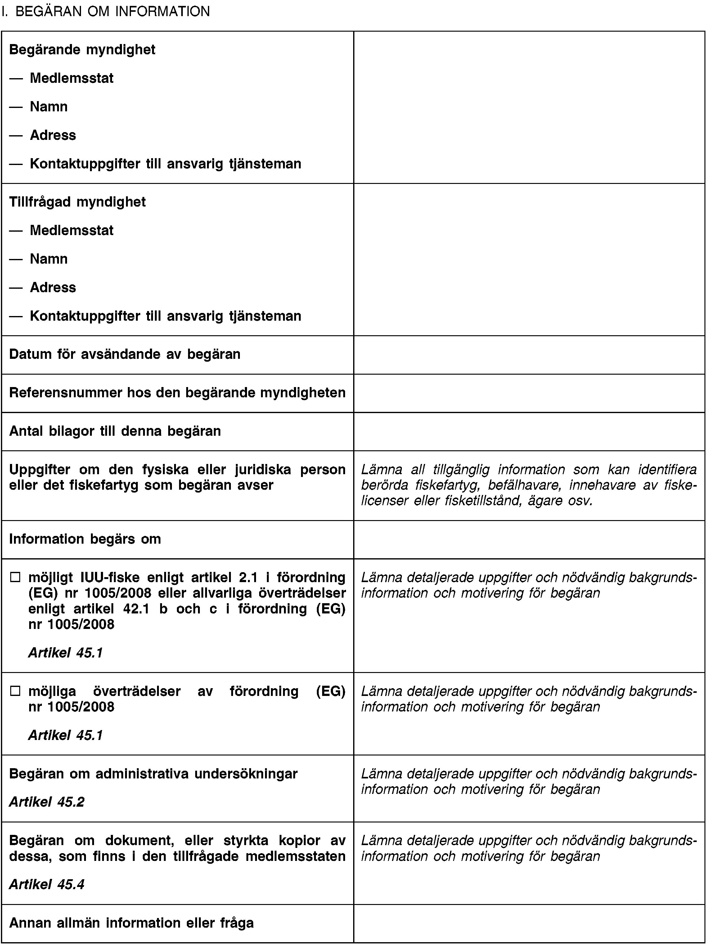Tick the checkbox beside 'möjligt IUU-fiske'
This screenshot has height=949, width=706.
pyautogui.click(x=16, y=578)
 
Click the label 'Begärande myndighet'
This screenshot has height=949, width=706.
pyautogui.click(x=82, y=50)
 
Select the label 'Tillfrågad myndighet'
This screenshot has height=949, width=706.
pyautogui.click(x=77, y=202)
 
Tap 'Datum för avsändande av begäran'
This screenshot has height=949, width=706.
pyautogui.click(x=125, y=354)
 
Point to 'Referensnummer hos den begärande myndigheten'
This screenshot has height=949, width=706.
pyautogui.click(x=178, y=393)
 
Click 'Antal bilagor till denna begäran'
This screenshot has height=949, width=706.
pyautogui.click(x=115, y=431)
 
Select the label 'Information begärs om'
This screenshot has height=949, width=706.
pyautogui.click(x=85, y=539)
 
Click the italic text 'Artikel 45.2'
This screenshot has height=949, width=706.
pyautogui.click(x=47, y=802)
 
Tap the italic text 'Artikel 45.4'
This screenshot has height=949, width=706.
pyautogui.click(x=47, y=884)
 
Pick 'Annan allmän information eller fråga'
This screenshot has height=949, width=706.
pyautogui.click(x=131, y=923)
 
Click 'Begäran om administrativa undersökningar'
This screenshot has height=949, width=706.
pyautogui.click(x=153, y=773)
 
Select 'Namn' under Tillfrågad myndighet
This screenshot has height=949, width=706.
pyautogui.click(x=49, y=259)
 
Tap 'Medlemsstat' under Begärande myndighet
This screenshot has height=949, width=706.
pyautogui.click(x=72, y=78)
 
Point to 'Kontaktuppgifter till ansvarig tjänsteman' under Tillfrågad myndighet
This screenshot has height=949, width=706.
pyautogui.click(x=165, y=316)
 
